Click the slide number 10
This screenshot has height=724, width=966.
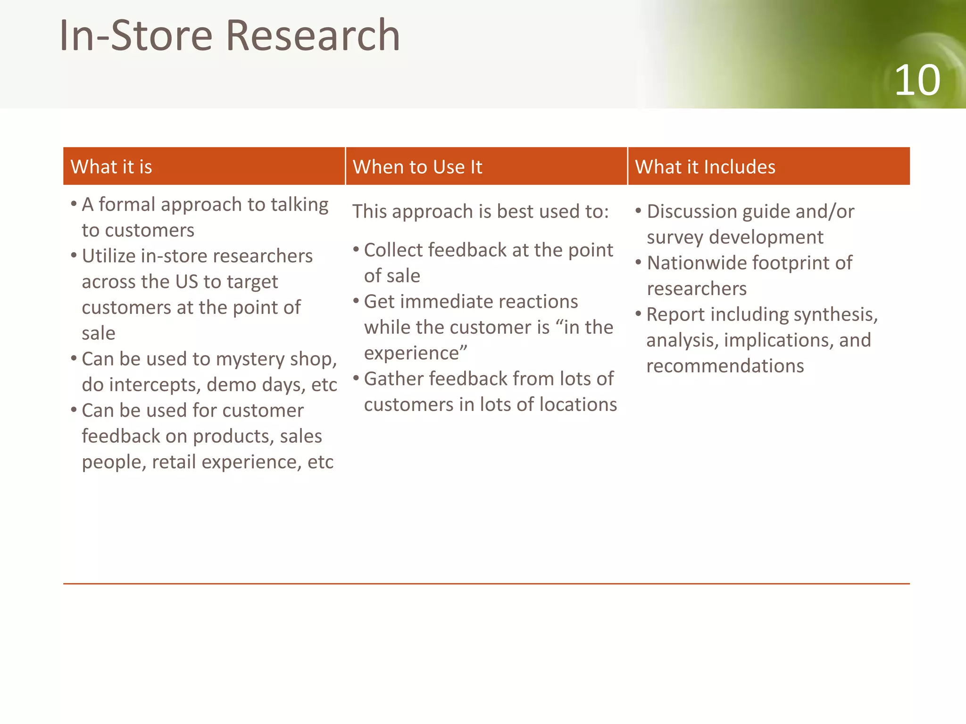pyautogui.click(x=917, y=81)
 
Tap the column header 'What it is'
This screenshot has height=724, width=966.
pyautogui.click(x=111, y=167)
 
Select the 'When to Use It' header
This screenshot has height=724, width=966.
pyautogui.click(x=417, y=167)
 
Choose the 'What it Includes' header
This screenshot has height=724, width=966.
pyautogui.click(x=705, y=167)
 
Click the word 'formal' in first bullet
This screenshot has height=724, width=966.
pyautogui.click(x=126, y=205)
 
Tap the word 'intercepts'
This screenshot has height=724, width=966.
pyautogui.click(x=153, y=385)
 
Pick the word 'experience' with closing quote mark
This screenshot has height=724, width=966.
pyautogui.click(x=415, y=353)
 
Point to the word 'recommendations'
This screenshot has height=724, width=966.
pyautogui.click(x=724, y=366)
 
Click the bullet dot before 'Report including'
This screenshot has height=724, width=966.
pyautogui.click(x=638, y=313)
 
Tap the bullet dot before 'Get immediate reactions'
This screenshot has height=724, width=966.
pyautogui.click(x=356, y=301)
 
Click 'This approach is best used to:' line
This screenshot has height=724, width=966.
pyautogui.click(x=480, y=212)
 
